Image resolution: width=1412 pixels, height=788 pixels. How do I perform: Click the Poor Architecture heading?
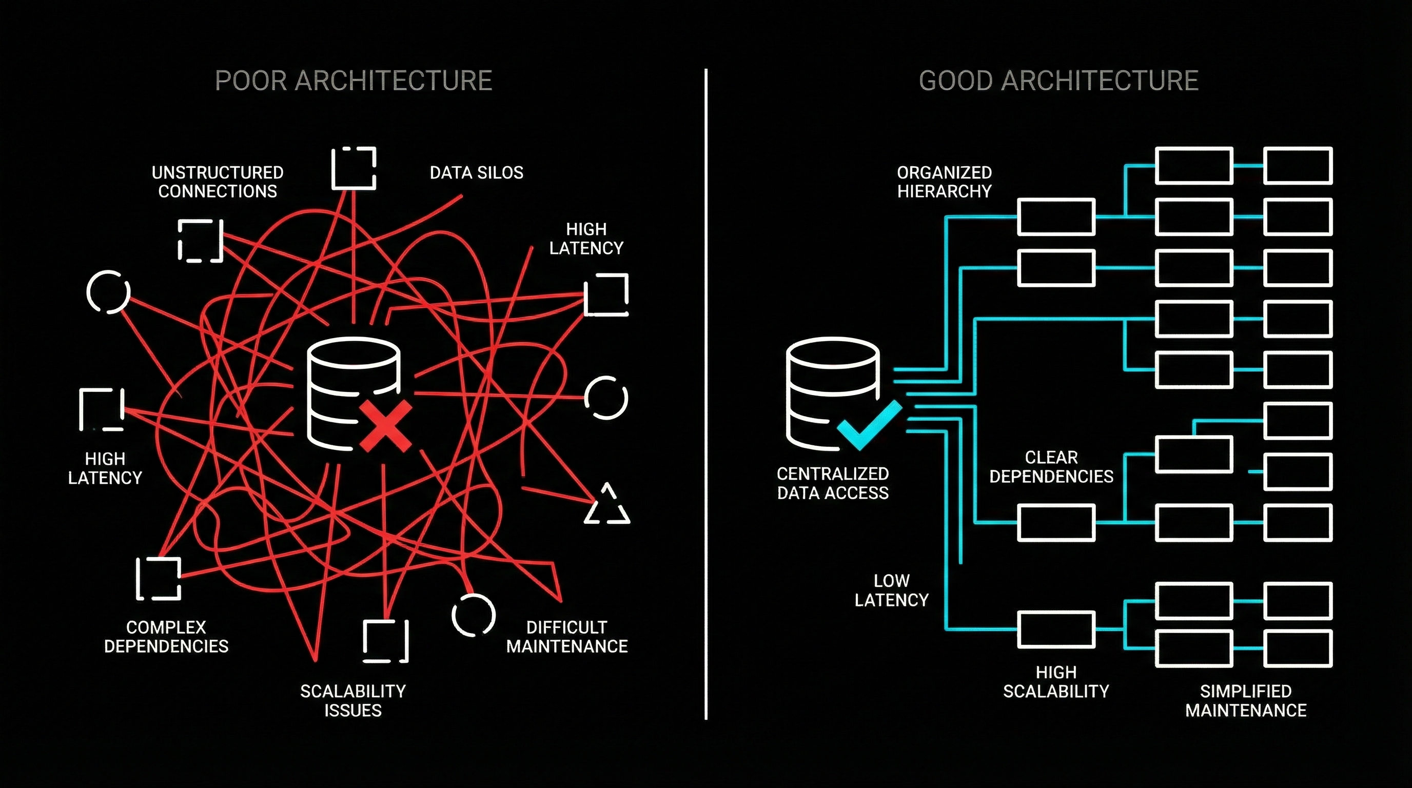[354, 81]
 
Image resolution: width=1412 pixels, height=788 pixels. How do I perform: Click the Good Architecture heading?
[1058, 81]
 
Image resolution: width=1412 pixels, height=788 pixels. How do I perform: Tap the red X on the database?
[385, 426]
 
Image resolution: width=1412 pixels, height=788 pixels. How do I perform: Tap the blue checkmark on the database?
[868, 426]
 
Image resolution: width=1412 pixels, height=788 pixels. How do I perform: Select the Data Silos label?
[476, 172]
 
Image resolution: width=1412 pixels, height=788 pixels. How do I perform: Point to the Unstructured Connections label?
[217, 182]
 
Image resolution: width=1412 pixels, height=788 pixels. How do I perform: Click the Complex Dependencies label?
[166, 636]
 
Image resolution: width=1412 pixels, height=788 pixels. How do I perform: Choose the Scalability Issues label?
[352, 700]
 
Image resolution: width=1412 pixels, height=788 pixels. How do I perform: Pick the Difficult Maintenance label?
[567, 636]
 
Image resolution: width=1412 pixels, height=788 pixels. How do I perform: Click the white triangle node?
[607, 506]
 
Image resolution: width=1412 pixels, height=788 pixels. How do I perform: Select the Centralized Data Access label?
[833, 483]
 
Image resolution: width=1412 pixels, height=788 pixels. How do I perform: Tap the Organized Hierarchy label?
[944, 182]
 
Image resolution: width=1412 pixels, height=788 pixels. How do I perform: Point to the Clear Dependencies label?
[1051, 466]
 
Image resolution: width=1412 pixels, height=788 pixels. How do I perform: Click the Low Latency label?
[891, 590]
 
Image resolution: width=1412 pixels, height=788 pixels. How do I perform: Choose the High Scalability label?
[1056, 682]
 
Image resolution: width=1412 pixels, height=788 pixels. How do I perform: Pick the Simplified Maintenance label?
[1245, 700]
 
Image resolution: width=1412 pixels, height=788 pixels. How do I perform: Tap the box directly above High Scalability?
[1056, 629]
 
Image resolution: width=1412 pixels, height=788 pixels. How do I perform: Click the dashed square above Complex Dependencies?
[159, 579]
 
